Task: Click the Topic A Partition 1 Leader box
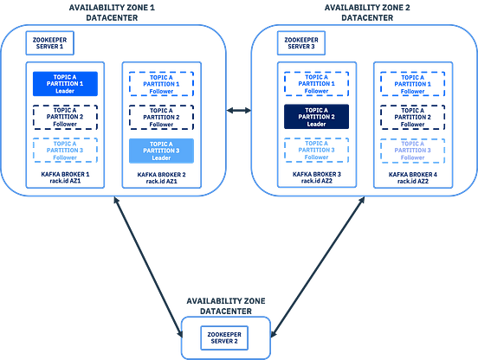tap(65, 83)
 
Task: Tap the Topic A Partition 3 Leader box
tap(162, 151)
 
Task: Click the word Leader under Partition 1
tap(65, 92)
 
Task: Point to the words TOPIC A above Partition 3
tap(162, 143)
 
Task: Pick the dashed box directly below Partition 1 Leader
tap(65, 115)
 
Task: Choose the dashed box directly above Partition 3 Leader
tap(162, 115)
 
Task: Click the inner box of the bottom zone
tap(225, 337)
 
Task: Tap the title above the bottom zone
tap(226, 304)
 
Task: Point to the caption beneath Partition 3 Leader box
tap(162, 177)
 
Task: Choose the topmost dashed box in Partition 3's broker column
tap(162, 83)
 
